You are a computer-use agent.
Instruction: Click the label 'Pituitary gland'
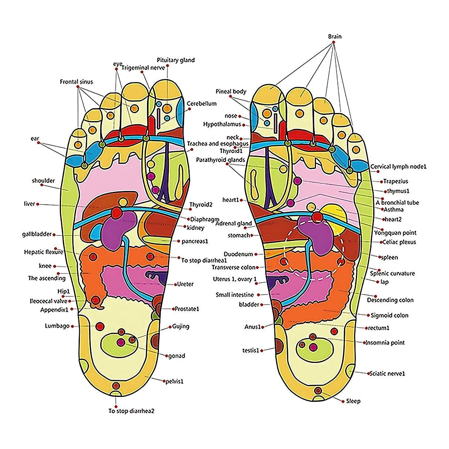tap(176, 60)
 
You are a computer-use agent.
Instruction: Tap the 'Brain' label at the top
tap(335, 36)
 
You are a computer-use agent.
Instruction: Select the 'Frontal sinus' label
tap(76, 82)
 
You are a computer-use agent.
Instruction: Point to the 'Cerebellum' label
tap(201, 103)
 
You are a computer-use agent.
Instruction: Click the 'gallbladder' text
tap(37, 234)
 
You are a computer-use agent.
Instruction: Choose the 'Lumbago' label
tap(57, 326)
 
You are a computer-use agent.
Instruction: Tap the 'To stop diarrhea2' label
tap(132, 411)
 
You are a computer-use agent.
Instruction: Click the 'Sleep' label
tap(353, 401)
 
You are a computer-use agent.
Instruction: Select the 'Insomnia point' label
tap(385, 343)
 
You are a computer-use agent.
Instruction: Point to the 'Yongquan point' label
tap(395, 232)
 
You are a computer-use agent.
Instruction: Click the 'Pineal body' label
tap(231, 92)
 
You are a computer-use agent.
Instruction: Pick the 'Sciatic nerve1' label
tap(387, 374)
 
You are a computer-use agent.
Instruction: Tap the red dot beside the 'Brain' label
tap(334, 42)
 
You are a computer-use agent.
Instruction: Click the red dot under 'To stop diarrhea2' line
tap(116, 407)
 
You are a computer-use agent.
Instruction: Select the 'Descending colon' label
tap(390, 300)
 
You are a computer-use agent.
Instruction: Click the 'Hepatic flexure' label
tap(44, 252)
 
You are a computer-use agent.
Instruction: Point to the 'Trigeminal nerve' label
tap(143, 68)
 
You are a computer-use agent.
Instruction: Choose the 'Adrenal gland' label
tap(234, 224)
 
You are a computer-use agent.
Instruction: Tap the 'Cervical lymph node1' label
tap(398, 166)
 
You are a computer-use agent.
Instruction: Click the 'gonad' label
tap(177, 356)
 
